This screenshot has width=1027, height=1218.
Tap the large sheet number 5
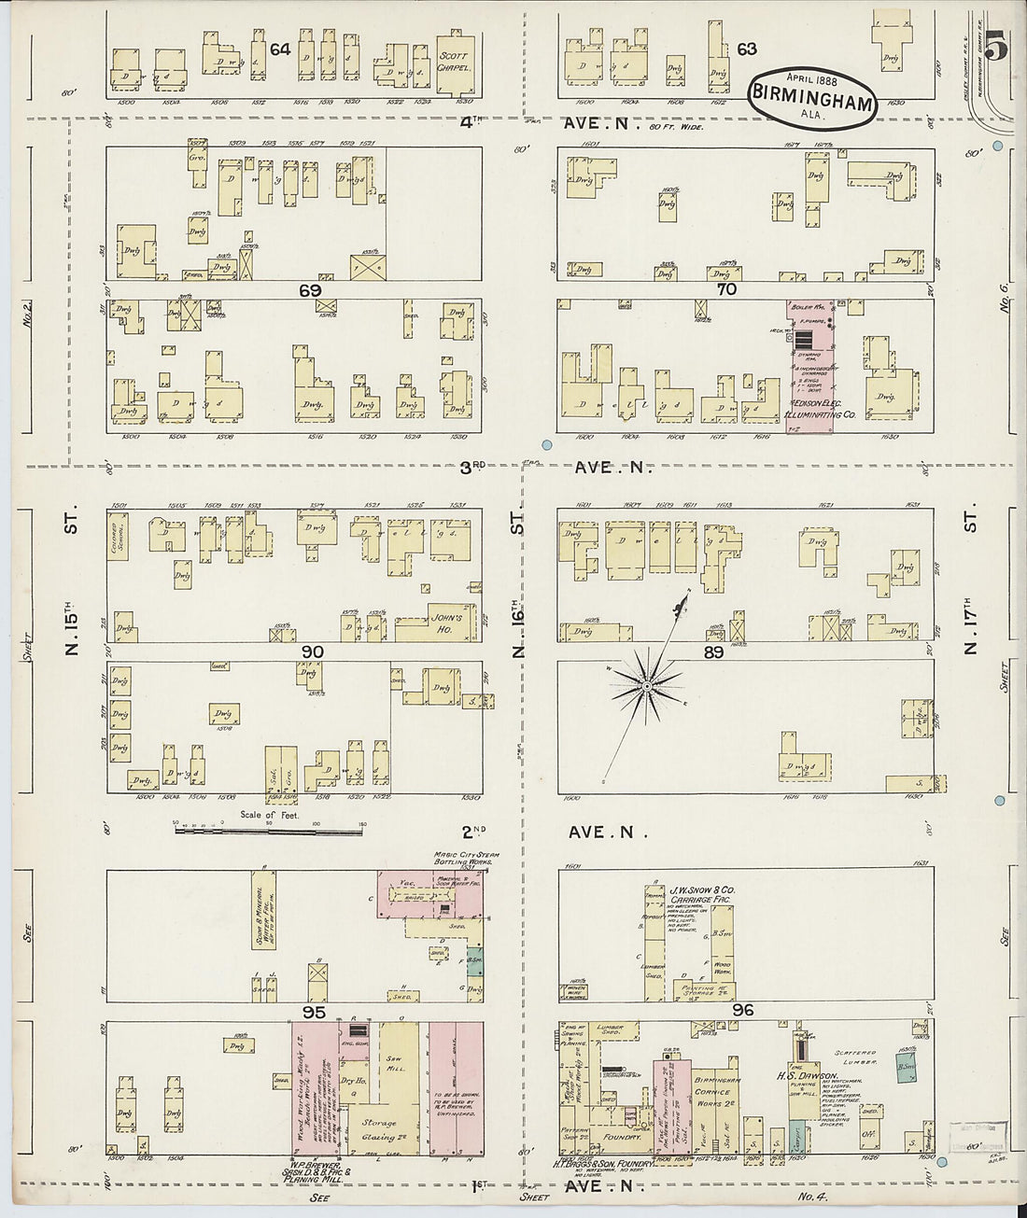tap(995, 44)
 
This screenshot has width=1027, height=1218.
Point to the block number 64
tap(279, 49)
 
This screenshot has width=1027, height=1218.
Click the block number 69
tap(310, 290)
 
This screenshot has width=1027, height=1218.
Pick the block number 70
tap(726, 289)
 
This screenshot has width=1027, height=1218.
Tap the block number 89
tap(713, 652)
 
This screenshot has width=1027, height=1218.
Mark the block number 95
tap(313, 1011)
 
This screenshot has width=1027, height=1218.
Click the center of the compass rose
tap(645, 688)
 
